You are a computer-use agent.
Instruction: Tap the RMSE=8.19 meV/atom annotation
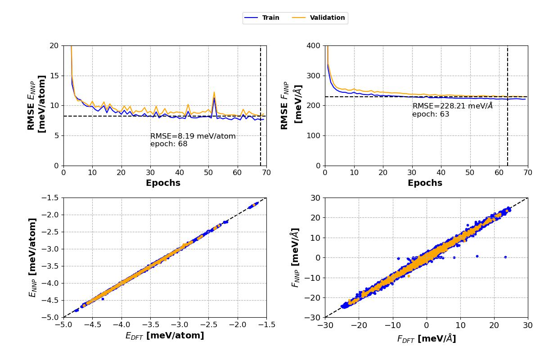click(193, 136)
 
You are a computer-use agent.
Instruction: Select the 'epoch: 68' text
click(169, 144)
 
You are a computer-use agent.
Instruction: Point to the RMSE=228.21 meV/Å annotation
click(452, 106)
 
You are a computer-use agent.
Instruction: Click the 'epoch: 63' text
click(431, 114)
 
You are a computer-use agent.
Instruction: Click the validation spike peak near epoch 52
click(214, 92)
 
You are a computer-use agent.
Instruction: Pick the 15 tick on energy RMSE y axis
click(54, 76)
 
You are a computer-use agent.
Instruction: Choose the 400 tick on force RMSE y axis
click(313, 45)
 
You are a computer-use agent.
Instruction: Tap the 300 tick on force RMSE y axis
click(313, 76)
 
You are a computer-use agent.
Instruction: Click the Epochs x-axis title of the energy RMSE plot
click(163, 183)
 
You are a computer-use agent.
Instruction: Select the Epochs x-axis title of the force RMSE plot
click(425, 183)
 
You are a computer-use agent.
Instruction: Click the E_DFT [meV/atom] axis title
click(164, 336)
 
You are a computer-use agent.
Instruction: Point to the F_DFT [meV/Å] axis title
click(426, 339)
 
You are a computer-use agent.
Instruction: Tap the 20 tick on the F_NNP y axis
click(315, 218)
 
